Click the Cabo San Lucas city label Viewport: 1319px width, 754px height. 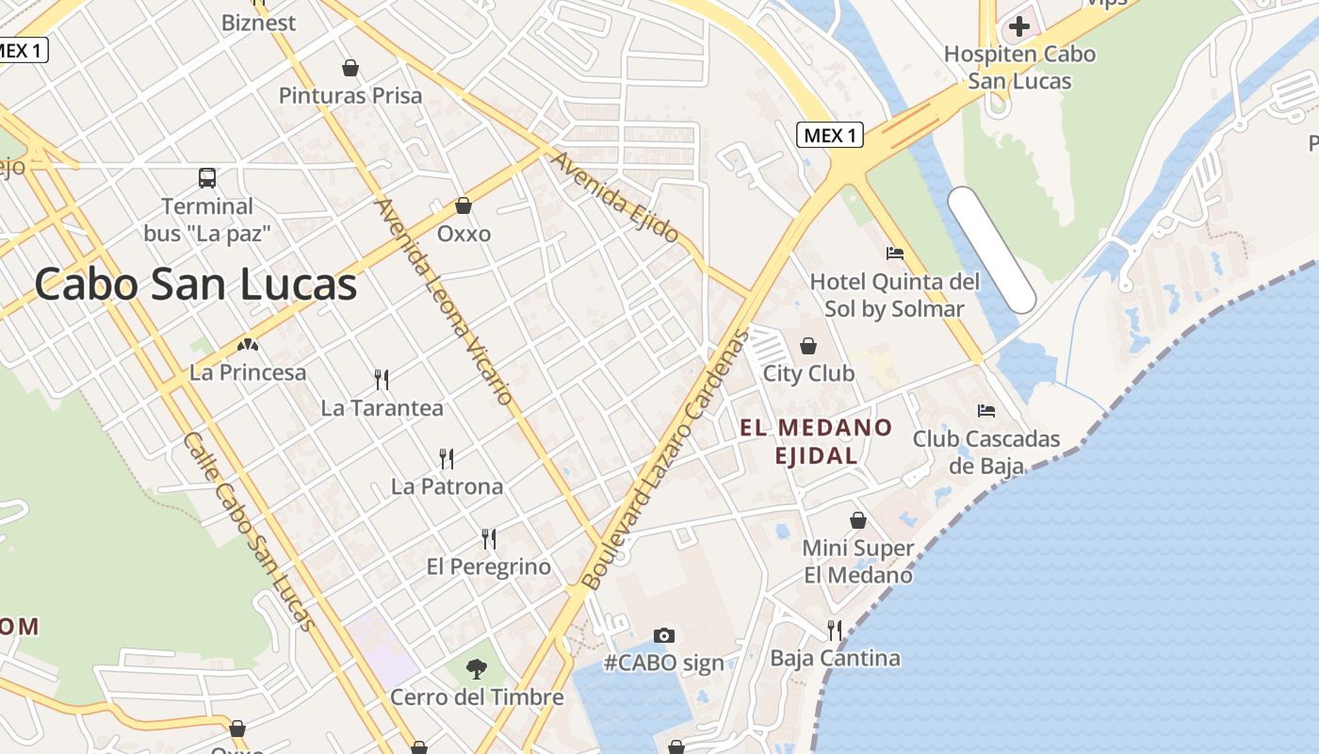(x=196, y=284)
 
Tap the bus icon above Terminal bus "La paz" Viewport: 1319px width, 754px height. (x=207, y=177)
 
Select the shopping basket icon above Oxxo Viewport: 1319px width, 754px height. (x=463, y=205)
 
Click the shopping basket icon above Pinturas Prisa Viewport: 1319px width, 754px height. (x=350, y=68)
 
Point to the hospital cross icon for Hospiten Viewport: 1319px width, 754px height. (x=1018, y=25)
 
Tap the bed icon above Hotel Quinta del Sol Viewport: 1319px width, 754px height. (x=895, y=253)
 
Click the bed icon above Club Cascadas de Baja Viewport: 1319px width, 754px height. (x=986, y=410)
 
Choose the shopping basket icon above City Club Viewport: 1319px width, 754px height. (x=807, y=346)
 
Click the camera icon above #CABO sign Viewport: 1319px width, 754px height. (x=664, y=635)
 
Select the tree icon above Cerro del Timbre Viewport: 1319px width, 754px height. (x=477, y=669)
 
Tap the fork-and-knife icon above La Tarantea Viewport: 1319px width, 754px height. (x=382, y=379)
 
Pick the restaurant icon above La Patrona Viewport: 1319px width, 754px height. (x=447, y=459)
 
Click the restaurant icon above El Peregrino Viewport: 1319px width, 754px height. (x=488, y=539)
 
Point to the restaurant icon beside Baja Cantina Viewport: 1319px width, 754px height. (x=834, y=630)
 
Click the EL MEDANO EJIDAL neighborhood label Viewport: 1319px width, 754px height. (x=816, y=441)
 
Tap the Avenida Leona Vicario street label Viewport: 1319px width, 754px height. (x=445, y=302)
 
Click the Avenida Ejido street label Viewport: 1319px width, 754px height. (x=614, y=197)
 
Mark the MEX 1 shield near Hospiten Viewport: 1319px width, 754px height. (x=830, y=136)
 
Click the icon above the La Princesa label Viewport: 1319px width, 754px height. (x=248, y=347)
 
